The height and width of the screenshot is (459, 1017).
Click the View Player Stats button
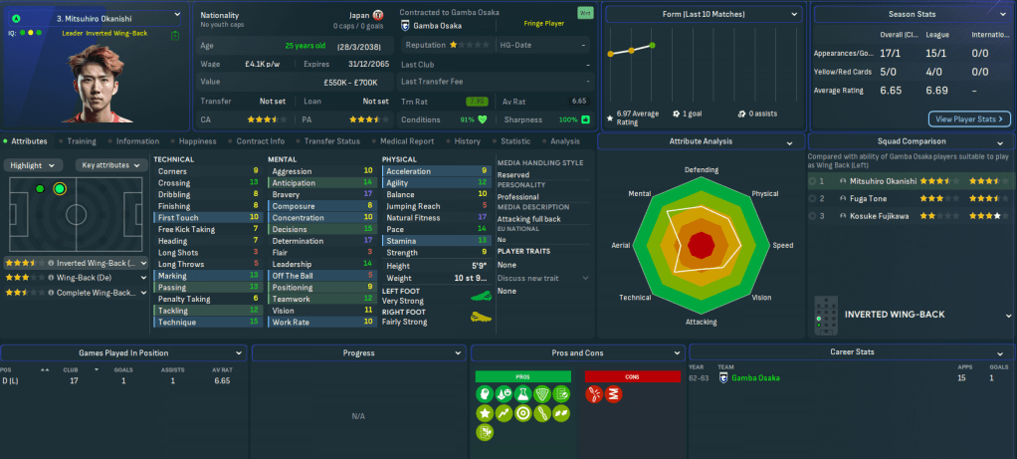(969, 118)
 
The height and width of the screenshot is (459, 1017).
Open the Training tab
(82, 141)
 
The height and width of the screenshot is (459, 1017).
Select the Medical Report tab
(406, 141)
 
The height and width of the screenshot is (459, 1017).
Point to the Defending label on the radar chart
(702, 169)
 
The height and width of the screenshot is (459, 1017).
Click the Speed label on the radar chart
(783, 245)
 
